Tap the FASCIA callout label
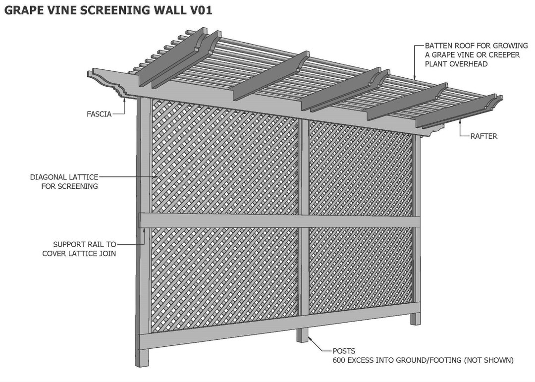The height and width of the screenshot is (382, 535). (99, 114)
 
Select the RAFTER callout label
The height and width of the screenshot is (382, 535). (483, 136)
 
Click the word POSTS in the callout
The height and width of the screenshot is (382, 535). (344, 351)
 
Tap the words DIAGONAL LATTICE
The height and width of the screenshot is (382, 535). (64, 177)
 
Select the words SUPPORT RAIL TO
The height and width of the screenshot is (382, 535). (85, 244)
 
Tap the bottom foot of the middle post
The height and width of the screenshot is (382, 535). (302, 335)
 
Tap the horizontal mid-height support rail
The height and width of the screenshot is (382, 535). (280, 220)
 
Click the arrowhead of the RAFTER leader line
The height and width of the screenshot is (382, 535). (460, 120)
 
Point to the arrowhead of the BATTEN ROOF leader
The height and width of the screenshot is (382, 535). (415, 78)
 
